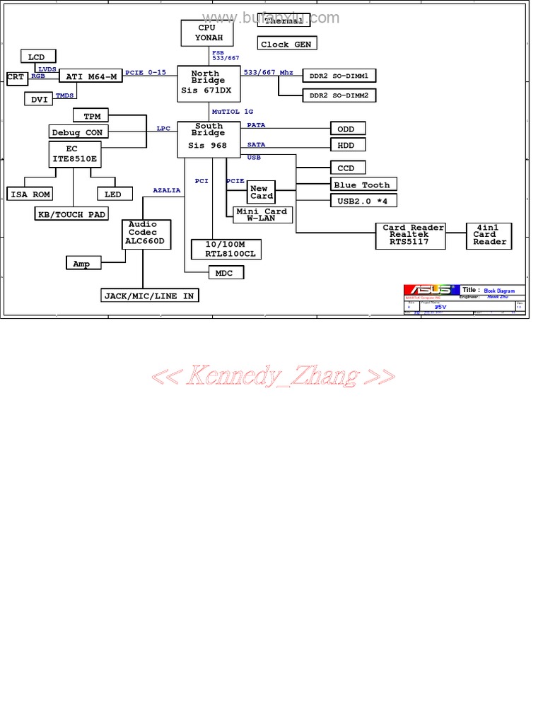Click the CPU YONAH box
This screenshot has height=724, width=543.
(207, 33)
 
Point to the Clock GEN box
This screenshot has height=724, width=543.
(286, 44)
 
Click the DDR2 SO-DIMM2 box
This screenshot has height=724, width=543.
(339, 95)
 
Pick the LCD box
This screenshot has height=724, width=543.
(37, 57)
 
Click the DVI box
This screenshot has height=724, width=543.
(39, 100)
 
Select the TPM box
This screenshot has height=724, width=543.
(92, 116)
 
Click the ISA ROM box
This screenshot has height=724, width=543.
(30, 194)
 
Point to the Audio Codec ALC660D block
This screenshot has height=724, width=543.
(144, 233)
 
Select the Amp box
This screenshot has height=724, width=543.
(81, 264)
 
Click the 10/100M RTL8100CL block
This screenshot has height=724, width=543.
(226, 249)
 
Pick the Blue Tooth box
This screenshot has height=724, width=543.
(362, 185)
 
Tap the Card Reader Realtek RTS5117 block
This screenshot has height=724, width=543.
(414, 235)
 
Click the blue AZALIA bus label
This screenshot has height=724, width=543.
(167, 190)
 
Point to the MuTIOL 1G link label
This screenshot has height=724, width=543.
(232, 112)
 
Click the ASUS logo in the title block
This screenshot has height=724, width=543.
(428, 290)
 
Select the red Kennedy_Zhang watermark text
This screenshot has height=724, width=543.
(273, 375)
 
